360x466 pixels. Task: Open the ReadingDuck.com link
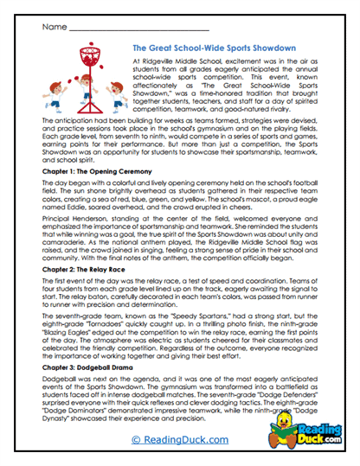pos(179,440)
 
